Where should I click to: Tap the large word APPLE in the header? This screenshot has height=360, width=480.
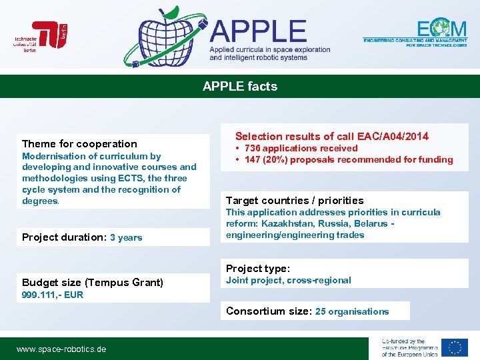point(259,31)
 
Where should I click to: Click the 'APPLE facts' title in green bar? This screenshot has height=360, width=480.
point(240,86)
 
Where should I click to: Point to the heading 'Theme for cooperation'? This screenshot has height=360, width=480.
point(79,143)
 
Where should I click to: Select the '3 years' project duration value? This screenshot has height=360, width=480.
point(126,237)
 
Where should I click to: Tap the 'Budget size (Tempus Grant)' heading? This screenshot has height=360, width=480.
point(93,282)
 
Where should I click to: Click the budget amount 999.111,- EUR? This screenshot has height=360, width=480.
point(53,295)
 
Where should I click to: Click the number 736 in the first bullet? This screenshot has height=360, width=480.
point(253,148)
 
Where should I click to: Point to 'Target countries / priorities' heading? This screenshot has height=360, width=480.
point(295,200)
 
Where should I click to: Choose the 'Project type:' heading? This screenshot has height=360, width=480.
point(258,268)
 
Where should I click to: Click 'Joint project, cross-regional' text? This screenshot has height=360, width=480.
point(289,280)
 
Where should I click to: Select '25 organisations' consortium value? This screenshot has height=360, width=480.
point(352,311)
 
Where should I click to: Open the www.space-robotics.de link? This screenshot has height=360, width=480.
point(61,349)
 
